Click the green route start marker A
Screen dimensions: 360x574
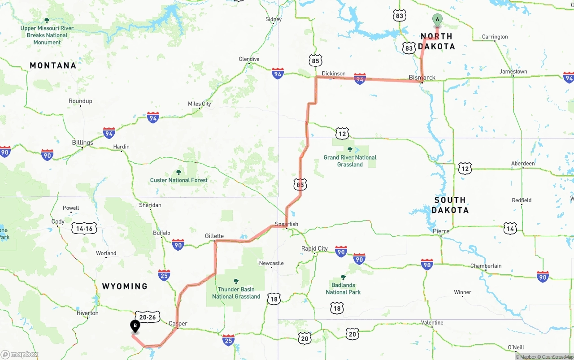(437, 20)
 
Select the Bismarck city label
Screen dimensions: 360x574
(422, 78)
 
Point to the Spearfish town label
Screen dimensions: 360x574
(286, 224)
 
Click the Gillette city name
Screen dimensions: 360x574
(214, 236)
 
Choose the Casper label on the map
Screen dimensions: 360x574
(178, 323)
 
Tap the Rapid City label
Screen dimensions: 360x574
(314, 248)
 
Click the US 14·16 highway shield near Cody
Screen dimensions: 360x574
(84, 228)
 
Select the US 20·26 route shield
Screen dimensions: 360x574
(147, 317)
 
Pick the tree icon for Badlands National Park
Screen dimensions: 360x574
(343, 277)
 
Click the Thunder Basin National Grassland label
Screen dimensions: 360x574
(236, 293)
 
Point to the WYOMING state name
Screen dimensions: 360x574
(125, 286)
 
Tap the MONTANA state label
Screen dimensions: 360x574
(53, 65)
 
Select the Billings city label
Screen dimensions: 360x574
(83, 143)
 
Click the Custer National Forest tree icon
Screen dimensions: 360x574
(178, 172)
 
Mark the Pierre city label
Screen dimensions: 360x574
(441, 231)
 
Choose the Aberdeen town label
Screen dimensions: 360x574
(523, 163)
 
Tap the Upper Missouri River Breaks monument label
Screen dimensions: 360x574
(47, 35)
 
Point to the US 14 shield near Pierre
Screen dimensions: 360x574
(510, 229)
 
